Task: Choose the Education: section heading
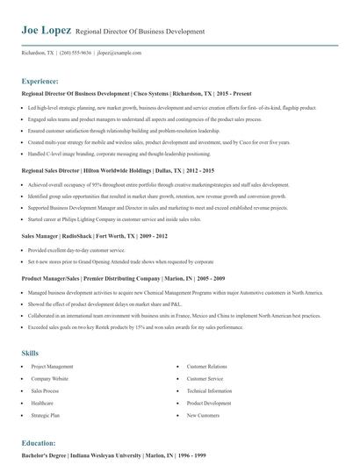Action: [x=39, y=443]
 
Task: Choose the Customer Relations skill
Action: [x=207, y=341]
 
